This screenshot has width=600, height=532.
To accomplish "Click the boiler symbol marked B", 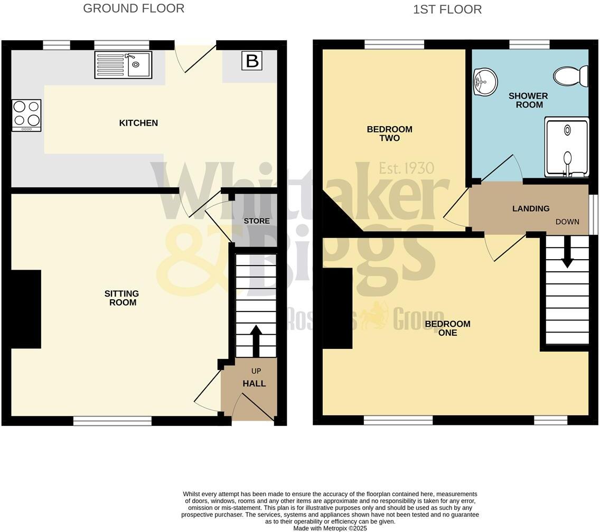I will (252, 61).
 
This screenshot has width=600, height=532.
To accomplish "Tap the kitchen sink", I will (123, 64).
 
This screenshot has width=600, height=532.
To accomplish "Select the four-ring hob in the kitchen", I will (26, 115).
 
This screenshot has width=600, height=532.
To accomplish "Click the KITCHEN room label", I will (138, 123).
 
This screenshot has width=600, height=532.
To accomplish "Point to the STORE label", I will (257, 221).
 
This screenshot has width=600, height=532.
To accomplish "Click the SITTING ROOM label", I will (123, 298).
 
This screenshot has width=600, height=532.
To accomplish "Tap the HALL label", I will (254, 384).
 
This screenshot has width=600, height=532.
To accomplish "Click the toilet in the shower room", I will (571, 75).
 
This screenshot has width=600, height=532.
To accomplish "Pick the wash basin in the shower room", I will (484, 82).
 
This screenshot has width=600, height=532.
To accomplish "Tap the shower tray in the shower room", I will (566, 147).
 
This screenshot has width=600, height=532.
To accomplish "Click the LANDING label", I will (531, 208).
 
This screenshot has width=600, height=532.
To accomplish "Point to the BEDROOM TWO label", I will (389, 134).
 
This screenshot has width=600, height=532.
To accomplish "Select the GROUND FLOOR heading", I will (134, 8).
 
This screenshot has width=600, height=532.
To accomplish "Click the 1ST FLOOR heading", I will (447, 9).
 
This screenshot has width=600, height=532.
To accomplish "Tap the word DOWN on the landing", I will (567, 222).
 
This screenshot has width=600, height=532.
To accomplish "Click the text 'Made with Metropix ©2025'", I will (330, 528).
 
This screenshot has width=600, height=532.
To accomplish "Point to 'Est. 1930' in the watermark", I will (406, 168).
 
